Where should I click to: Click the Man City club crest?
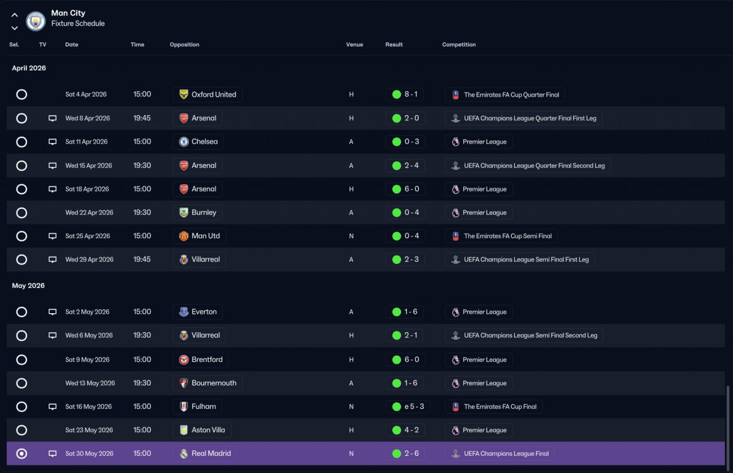coord(36,21)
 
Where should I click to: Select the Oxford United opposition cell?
coord(207,94)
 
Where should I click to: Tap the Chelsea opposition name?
coord(204,141)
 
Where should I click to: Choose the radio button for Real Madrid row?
coord(22,454)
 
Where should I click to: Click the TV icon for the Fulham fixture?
coord(52,407)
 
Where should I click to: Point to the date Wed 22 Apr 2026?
coord(89,212)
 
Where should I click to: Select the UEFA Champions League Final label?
coord(506,454)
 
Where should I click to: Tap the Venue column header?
coord(354,45)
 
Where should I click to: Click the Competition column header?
coord(459,45)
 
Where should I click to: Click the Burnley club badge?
coord(184,212)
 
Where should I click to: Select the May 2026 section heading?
coord(28,286)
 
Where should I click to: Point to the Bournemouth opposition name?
coord(214,383)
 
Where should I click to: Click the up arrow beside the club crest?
coord(14,15)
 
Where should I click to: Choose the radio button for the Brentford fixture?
coord(22,360)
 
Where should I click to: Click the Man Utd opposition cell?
coord(199,236)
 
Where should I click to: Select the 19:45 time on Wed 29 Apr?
coord(141,259)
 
